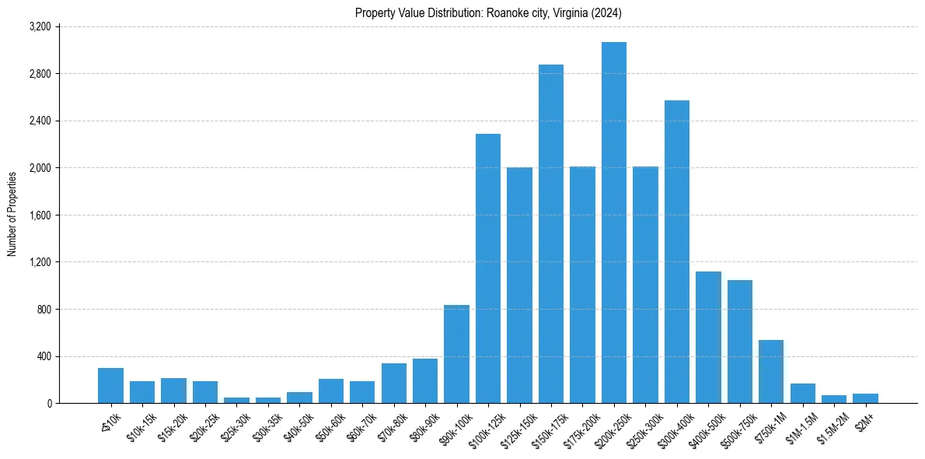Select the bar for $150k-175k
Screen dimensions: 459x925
point(551,233)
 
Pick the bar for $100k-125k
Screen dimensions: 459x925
point(488,268)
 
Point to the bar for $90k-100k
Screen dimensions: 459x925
point(456,354)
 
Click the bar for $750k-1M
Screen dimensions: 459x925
point(771,372)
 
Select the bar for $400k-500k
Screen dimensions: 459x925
point(708,338)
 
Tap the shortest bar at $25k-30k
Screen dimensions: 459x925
point(236,400)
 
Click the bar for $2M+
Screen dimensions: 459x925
point(865,398)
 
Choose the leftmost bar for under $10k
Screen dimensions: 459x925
point(110,386)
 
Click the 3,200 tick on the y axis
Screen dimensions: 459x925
point(40,26)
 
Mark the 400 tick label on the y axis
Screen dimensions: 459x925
point(44,356)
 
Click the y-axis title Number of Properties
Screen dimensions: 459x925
point(12,214)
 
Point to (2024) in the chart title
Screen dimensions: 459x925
point(606,13)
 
